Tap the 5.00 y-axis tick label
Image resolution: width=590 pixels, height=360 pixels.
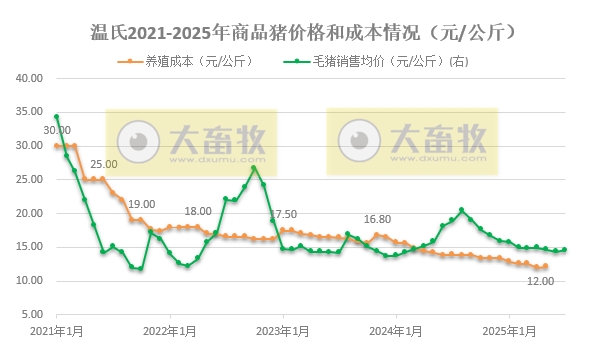pos(27,314)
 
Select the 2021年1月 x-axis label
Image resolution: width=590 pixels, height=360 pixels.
pos(56,330)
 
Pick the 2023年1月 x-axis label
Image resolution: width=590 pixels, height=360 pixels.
pos(283,330)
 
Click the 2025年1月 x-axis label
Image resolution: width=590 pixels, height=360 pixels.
pos(510,330)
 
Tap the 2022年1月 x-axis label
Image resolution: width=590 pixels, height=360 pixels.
pos(169,330)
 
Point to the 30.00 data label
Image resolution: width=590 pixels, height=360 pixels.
pos(57,130)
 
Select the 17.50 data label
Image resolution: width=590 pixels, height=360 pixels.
pos(283,214)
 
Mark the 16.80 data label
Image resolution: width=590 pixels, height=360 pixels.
pos(377,219)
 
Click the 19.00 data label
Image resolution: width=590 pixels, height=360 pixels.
pos(141,204)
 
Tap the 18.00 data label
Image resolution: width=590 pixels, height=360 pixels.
pos(198,211)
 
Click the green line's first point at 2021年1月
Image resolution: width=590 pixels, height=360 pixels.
pos(56,117)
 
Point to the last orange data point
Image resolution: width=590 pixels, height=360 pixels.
pos(545,266)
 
